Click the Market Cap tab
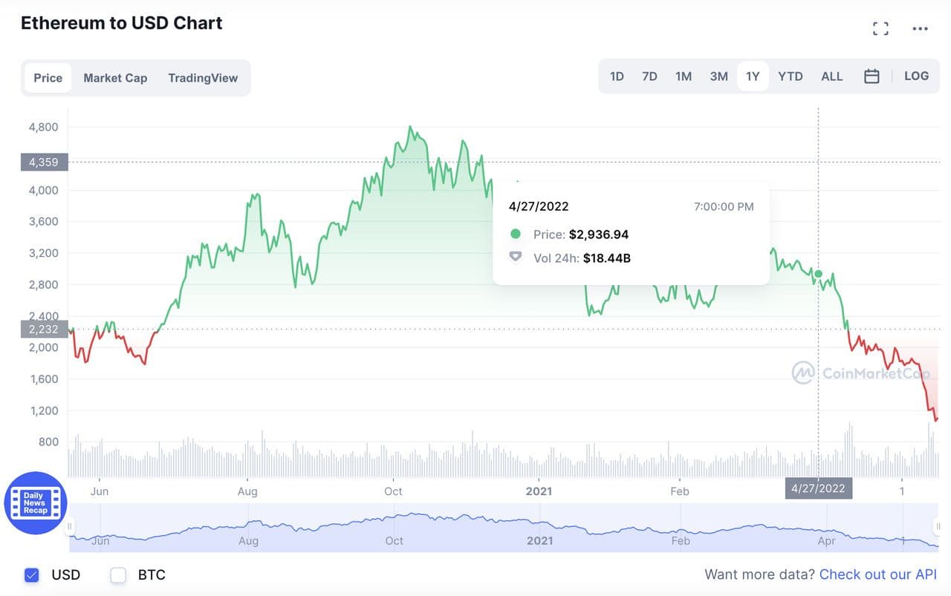click(x=115, y=78)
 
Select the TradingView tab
click(x=203, y=78)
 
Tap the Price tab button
click(x=48, y=78)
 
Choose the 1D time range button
click(x=617, y=76)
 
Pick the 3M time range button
click(x=718, y=76)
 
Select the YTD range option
click(x=790, y=76)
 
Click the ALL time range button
click(x=831, y=76)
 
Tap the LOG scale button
click(x=916, y=76)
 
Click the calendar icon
click(x=872, y=76)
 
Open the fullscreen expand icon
click(x=880, y=29)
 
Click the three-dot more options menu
click(x=920, y=29)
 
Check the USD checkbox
click(x=31, y=574)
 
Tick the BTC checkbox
click(x=118, y=574)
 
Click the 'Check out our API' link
click(x=877, y=574)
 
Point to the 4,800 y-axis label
click(x=43, y=127)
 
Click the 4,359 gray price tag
click(x=44, y=162)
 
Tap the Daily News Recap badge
click(x=36, y=503)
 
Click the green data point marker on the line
click(x=818, y=274)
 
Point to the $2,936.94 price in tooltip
click(x=599, y=235)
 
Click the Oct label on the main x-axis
click(x=393, y=491)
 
